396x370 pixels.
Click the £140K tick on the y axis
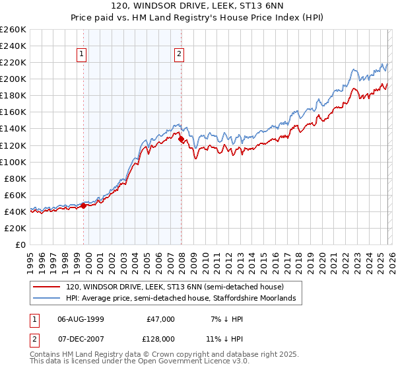click(x=13, y=129)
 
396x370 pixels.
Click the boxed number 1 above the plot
click(x=82, y=55)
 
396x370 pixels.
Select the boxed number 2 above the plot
click(x=180, y=55)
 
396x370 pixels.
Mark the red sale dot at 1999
click(x=84, y=205)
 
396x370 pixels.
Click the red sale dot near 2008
click(x=181, y=139)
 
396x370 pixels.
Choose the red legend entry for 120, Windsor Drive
click(x=174, y=287)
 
